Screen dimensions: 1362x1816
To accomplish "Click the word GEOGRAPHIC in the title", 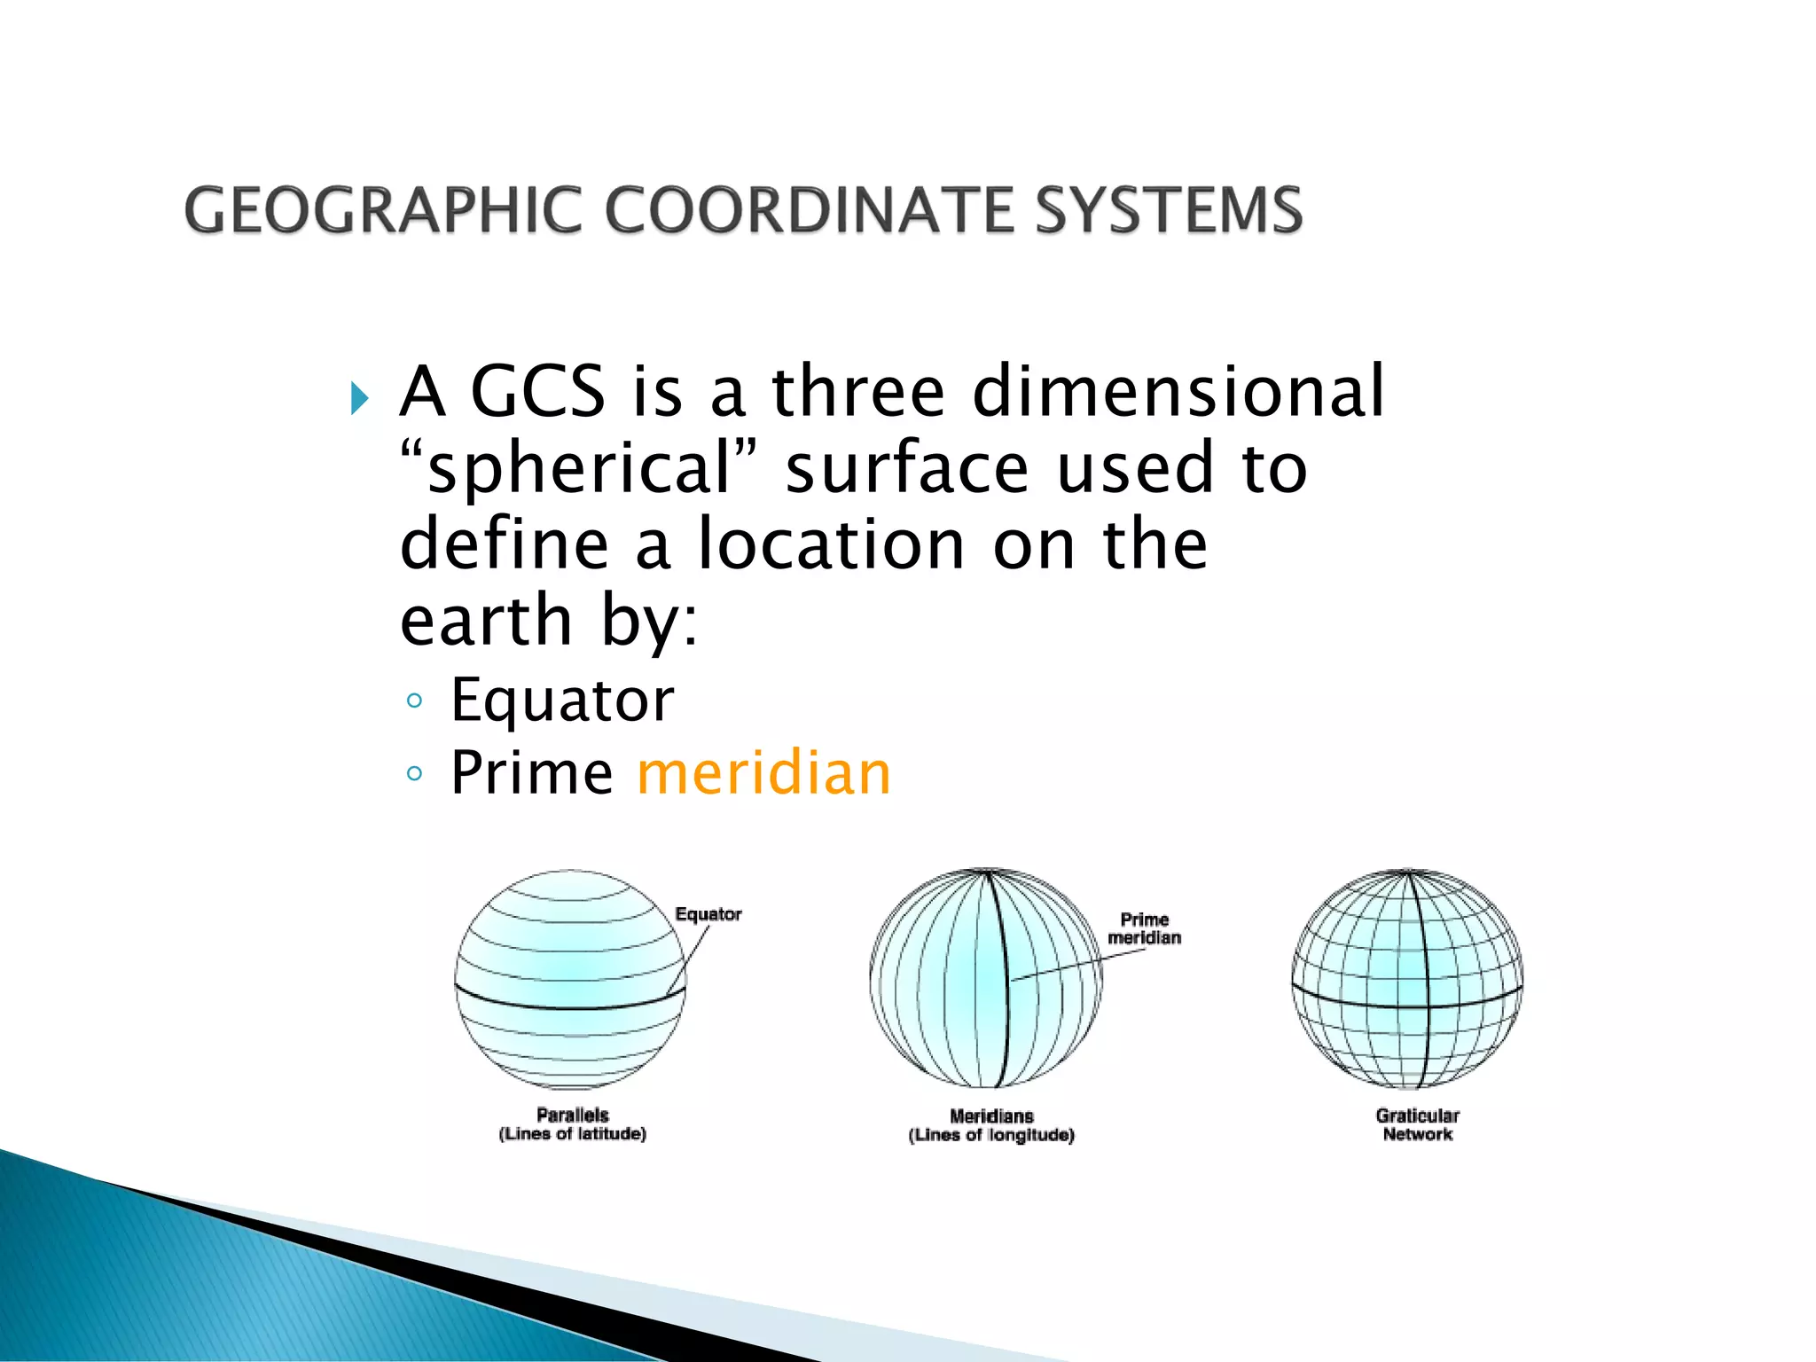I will tap(382, 210).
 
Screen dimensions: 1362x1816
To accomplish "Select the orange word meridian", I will tap(763, 772).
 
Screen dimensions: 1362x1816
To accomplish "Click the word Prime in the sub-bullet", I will tap(531, 772).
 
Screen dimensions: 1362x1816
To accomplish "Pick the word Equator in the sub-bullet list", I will tap(562, 701).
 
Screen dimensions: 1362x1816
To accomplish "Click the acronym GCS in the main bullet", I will tap(537, 391).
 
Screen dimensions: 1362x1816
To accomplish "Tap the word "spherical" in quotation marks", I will tap(580, 468).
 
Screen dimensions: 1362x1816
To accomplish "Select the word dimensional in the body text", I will tap(1178, 391).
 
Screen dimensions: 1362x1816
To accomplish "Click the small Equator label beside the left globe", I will tap(708, 914).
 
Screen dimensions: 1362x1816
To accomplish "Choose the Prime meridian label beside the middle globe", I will tap(1144, 928).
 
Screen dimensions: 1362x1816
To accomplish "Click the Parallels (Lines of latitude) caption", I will tap(573, 1124).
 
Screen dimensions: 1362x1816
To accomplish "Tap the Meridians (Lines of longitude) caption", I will tap(991, 1125).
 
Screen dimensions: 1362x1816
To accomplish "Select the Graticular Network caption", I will tap(1417, 1124).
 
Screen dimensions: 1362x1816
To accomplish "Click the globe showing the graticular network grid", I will tap(1407, 979).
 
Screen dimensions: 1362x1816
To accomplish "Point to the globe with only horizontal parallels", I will tap(570, 979).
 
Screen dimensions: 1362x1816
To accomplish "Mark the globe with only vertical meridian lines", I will tap(986, 979).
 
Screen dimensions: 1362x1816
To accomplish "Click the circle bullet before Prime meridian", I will tap(414, 774).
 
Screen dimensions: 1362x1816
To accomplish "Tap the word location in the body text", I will tap(831, 544).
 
